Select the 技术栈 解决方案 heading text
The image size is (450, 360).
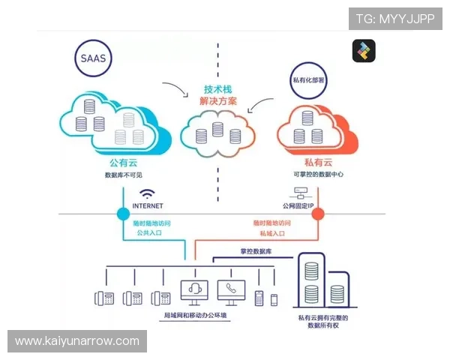click(219, 94)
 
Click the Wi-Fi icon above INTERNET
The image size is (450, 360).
click(147, 193)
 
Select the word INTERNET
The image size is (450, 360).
click(147, 205)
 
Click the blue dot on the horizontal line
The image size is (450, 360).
click(123, 214)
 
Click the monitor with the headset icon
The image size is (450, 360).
click(194, 292)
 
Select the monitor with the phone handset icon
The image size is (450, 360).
click(231, 292)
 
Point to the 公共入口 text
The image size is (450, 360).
click(148, 233)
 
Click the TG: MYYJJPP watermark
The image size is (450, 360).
click(394, 19)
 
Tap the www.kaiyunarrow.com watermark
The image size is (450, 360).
click(77, 341)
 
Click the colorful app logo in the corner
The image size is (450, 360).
click(364, 51)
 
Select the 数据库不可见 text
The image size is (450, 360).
click(123, 175)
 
